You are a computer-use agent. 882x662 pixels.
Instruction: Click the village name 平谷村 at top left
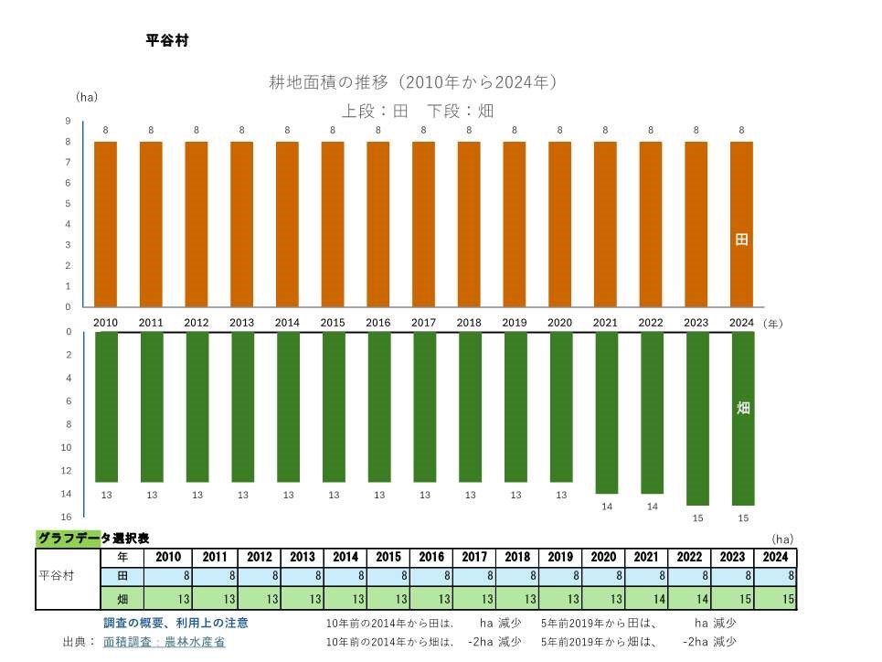pos(167,41)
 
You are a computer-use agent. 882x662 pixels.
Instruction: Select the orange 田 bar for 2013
pos(241,224)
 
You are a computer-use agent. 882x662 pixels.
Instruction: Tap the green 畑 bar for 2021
pos(606,412)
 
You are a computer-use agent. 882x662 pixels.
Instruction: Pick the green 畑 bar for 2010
pos(106,407)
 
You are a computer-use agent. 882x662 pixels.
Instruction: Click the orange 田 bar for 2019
pos(515,224)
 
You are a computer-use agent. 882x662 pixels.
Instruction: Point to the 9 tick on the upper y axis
pos(68,122)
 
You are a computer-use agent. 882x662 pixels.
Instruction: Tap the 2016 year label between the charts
pos(378,323)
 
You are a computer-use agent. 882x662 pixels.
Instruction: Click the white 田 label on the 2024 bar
pos(741,240)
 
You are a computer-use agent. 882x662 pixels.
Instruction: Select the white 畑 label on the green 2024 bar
pos(743,408)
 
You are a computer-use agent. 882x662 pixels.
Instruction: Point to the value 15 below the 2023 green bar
pos(696,518)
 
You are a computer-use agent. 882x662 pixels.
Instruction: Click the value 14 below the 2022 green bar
pos(652,507)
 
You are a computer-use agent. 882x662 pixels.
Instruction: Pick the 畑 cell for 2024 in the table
pos(775,599)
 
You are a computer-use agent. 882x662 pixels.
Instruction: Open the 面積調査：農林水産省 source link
pos(164,642)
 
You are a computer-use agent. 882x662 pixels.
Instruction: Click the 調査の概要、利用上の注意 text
pos(175,623)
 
